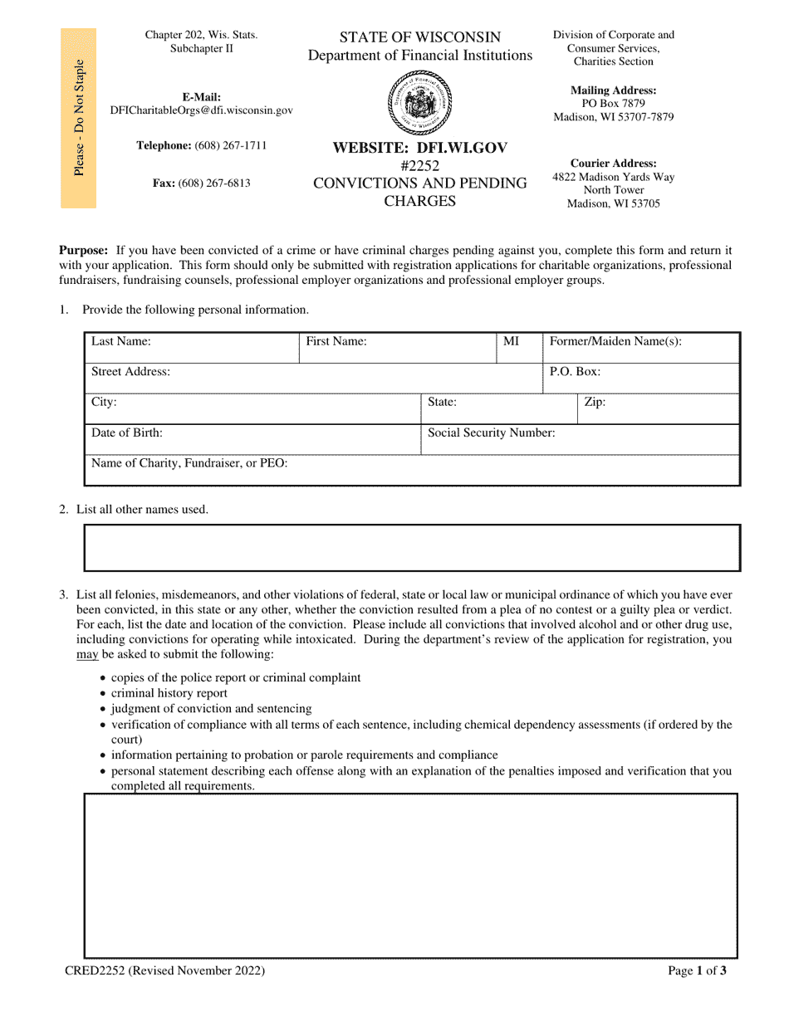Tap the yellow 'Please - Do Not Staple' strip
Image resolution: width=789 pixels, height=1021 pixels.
pos(78,118)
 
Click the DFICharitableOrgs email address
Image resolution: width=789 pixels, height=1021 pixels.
pos(201,110)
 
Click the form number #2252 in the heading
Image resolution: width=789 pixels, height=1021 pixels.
pos(419,165)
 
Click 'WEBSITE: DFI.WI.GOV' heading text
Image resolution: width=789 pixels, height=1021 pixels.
pos(419,148)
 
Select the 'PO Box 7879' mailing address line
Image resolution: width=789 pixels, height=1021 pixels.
pos(613,104)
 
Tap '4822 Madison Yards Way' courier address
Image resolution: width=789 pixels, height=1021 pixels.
pos(613,177)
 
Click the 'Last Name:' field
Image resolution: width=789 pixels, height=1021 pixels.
pos(191,348)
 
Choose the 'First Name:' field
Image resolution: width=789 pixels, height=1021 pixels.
pos(397,348)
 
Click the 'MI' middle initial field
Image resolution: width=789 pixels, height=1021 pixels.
pos(519,348)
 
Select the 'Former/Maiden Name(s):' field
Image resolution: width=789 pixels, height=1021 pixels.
pos(640,348)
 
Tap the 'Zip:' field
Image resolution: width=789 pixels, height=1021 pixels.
pos(658,408)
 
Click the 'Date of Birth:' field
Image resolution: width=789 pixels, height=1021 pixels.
pos(252,439)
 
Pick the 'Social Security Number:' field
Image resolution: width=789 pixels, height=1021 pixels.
pos(580,439)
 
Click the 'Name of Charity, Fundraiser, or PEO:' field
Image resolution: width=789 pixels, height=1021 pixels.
pos(412,470)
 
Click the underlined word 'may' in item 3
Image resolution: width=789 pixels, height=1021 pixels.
pos(87,655)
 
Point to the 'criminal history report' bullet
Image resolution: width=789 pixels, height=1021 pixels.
pos(169,693)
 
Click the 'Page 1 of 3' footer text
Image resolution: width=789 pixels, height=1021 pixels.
pos(697,970)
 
